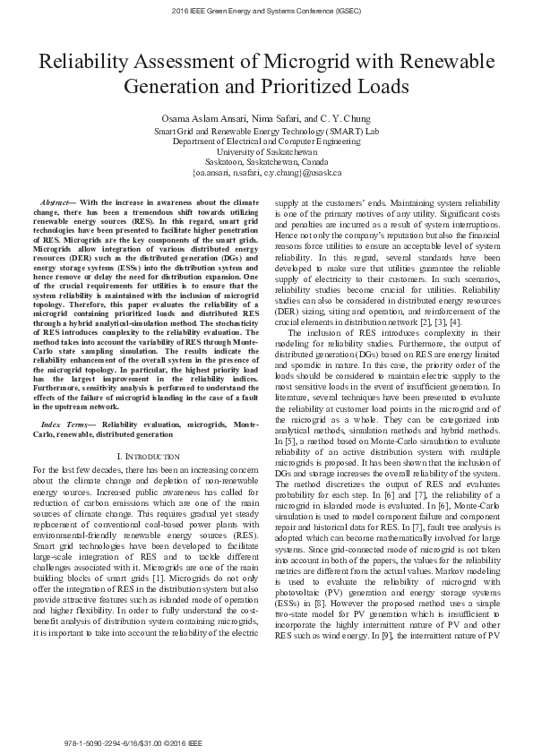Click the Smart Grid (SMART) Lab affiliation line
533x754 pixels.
[x=266, y=131]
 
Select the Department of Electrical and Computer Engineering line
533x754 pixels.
[x=266, y=141]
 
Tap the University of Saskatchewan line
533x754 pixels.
[x=266, y=152]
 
